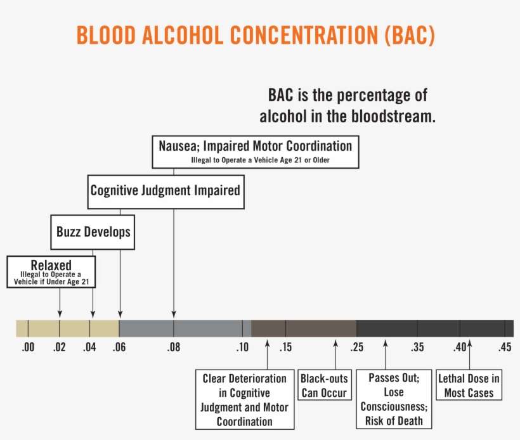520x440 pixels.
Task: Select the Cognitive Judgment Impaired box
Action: pos(165,190)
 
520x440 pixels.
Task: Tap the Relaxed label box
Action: pos(51,271)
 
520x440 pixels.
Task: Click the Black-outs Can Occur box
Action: pos(324,385)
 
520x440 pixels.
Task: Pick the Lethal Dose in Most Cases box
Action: pos(469,385)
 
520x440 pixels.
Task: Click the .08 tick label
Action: pos(173,347)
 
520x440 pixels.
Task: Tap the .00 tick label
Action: pos(28,347)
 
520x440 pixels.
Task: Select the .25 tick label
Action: pos(356,347)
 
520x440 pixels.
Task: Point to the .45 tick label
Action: pos(505,347)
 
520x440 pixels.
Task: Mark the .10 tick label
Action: pos(242,347)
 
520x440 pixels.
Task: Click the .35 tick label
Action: pos(417,347)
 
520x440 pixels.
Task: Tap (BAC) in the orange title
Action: pos(410,36)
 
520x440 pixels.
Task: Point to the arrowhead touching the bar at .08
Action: pos(173,315)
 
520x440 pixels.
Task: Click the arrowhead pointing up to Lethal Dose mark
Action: pos(469,344)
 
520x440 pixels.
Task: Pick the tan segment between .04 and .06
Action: pos(104,328)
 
